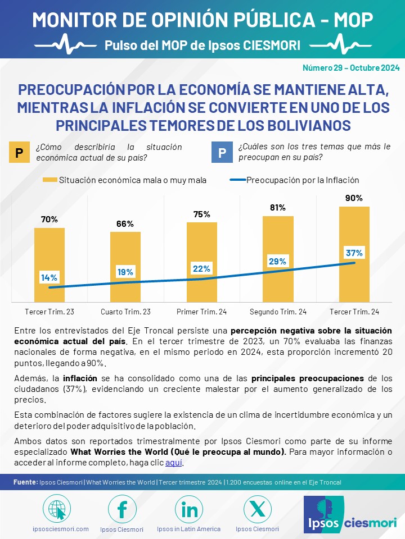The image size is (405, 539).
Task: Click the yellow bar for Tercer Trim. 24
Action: coord(354,254)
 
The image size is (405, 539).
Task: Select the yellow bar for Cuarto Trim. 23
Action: coord(125,267)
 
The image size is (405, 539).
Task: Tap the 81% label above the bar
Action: coord(277,208)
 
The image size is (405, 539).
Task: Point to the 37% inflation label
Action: coord(354,253)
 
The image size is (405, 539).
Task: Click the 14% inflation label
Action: coord(49,277)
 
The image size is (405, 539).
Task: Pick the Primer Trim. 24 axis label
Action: coord(201,312)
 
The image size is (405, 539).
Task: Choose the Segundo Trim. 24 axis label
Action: coord(278,312)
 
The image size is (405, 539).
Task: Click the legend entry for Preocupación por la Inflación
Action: coord(294,180)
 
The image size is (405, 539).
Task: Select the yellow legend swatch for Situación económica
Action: coord(50,180)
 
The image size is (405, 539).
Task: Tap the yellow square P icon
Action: coord(19,152)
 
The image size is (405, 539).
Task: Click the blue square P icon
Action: coord(222,152)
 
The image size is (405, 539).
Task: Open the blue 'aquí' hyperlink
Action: coord(174,462)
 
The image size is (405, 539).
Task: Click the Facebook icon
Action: coord(122,509)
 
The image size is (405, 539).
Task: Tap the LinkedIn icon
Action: coord(189,509)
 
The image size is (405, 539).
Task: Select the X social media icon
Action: coord(257,509)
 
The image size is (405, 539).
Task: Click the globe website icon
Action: coord(57,509)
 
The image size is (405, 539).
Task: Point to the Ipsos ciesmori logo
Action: coord(350,515)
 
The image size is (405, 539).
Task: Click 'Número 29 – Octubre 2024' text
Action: coord(351,68)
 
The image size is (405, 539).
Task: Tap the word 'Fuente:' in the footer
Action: coord(25,482)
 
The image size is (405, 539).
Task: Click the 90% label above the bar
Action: coord(354,198)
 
